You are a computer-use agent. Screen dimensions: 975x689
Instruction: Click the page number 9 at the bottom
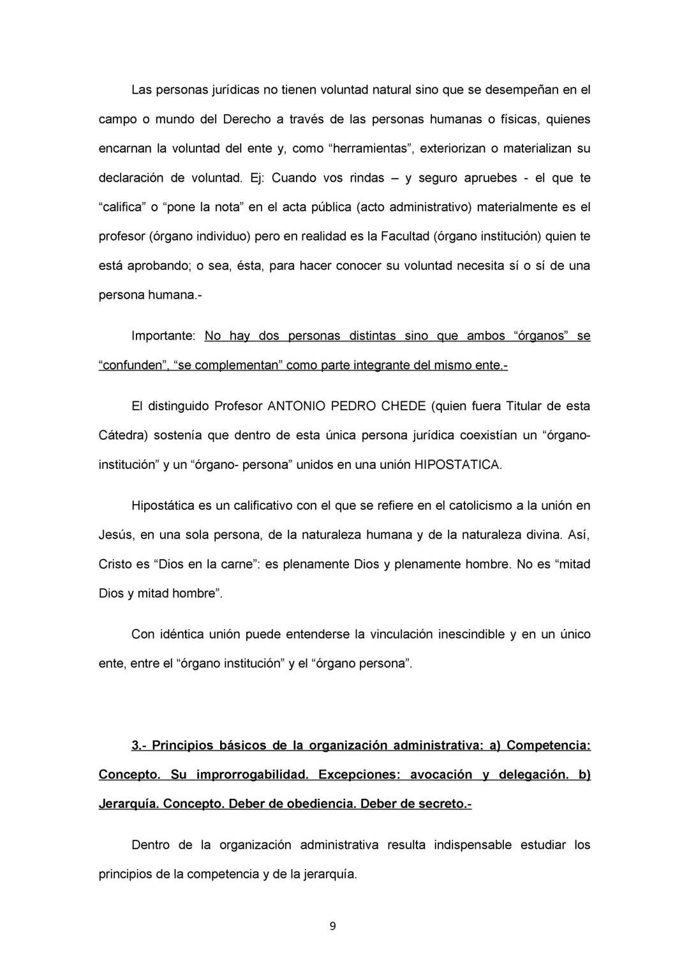332,927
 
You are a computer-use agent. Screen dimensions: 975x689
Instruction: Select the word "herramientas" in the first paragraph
373,149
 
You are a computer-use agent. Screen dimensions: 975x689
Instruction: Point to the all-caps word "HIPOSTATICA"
457,465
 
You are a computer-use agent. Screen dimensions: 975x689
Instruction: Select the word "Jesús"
115,535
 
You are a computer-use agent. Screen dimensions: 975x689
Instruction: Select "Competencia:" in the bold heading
548,746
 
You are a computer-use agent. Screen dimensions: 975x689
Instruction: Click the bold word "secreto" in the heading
442,805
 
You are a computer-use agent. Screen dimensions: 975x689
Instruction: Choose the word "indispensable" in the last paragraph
473,845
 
